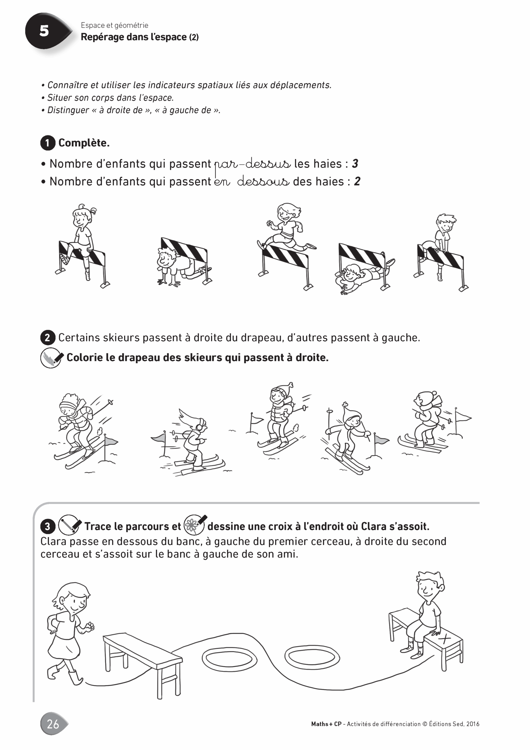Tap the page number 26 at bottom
[x=53, y=724]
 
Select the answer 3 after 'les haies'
[x=355, y=163]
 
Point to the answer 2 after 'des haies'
[x=357, y=181]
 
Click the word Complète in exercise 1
[x=84, y=143]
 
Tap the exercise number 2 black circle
[x=48, y=338]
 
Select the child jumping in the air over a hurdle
[x=287, y=229]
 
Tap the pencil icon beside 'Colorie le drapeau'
[x=52, y=358]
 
